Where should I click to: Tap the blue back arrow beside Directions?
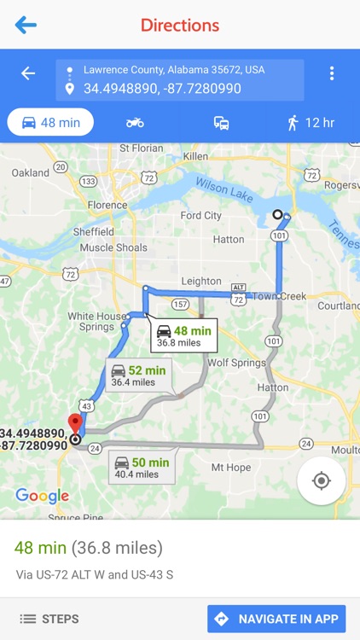(26, 25)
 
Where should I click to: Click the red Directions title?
(180, 25)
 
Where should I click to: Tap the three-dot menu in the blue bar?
(332, 73)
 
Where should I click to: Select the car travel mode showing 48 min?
(50, 122)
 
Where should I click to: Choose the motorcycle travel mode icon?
(135, 122)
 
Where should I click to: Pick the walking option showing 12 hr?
(311, 122)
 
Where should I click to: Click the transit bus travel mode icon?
(221, 122)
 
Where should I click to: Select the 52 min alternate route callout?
(138, 375)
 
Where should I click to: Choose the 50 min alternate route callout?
(142, 468)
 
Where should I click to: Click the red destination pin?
(75, 424)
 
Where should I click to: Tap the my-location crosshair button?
(322, 480)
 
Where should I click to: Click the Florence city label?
(107, 205)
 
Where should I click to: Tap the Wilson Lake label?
(224, 189)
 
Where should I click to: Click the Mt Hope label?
(230, 467)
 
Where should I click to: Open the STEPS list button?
(49, 619)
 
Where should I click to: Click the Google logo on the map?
(42, 496)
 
